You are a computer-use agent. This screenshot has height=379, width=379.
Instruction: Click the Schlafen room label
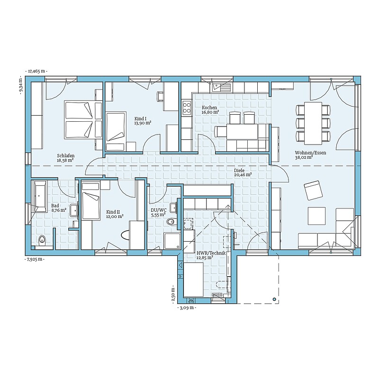coord(66,156)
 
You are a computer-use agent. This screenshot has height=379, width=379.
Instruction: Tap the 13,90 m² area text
coord(143,123)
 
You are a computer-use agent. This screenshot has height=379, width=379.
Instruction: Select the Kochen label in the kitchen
coord(209,108)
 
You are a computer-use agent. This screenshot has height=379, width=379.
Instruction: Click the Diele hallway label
coord(239,171)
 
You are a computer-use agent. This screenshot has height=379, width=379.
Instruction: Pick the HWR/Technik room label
coord(211,253)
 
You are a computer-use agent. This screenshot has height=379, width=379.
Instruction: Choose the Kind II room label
coord(113,212)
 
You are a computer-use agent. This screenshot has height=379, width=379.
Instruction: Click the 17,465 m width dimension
coord(36,72)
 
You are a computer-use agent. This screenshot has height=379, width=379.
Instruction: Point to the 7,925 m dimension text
coord(35,259)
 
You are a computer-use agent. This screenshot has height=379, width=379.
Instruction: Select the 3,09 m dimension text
coord(187,307)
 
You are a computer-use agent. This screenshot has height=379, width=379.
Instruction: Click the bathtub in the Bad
coord(40,196)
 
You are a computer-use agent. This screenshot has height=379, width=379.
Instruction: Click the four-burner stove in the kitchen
coord(187,108)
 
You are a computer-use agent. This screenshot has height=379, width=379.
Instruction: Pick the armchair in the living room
coord(313,190)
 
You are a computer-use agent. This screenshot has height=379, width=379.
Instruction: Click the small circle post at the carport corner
coord(274,299)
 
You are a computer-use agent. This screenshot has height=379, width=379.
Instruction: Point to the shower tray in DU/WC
coord(172,241)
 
